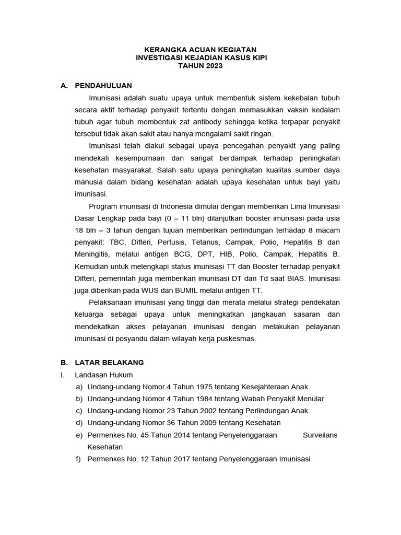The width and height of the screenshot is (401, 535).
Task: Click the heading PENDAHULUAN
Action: (x=103, y=85)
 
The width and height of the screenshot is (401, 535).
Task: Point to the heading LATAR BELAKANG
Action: (x=109, y=362)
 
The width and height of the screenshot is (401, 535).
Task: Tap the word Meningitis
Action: (x=94, y=254)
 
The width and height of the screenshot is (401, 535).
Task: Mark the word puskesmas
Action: (x=238, y=339)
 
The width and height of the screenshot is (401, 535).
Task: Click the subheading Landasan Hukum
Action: (x=104, y=375)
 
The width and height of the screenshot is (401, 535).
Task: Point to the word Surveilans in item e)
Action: (x=320, y=435)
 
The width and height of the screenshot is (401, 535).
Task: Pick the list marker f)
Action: (x=79, y=459)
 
